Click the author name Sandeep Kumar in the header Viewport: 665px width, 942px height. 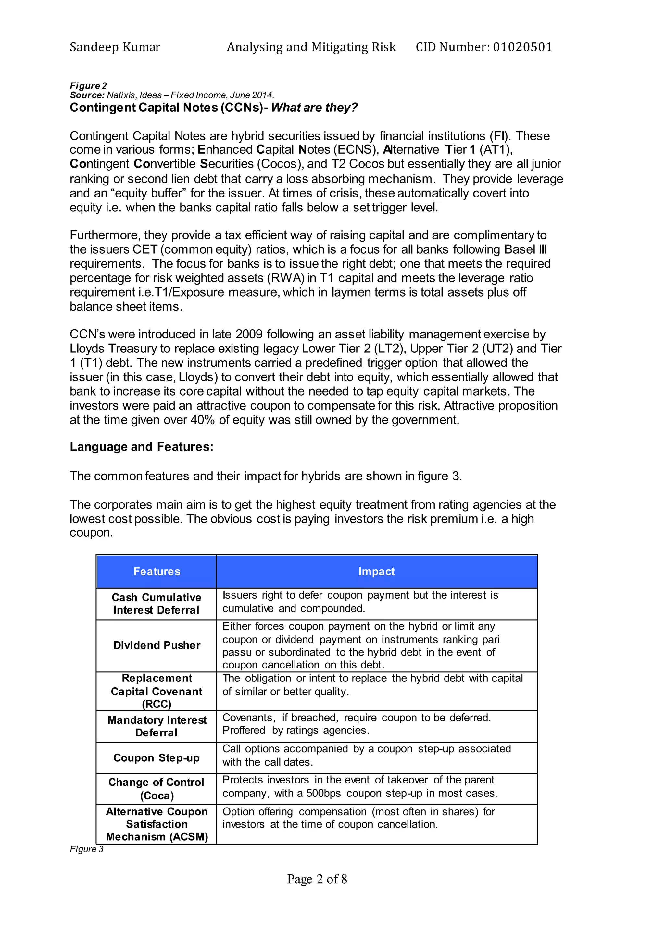point(115,47)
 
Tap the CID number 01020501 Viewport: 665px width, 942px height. point(522,47)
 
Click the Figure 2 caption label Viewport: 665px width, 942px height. point(88,86)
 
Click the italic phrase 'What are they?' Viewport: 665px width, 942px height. point(314,108)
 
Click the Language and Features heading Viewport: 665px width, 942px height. point(142,447)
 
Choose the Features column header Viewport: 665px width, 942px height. point(157,571)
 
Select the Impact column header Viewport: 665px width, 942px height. point(376,571)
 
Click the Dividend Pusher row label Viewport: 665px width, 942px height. point(157,645)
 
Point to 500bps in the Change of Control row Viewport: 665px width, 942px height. point(323,794)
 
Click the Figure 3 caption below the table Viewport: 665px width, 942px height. point(87,849)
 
